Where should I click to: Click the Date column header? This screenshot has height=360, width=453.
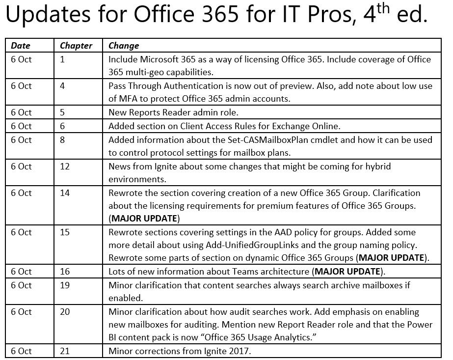coord(21,46)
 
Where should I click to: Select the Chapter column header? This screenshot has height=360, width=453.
coord(76,46)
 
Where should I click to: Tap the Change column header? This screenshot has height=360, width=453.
coord(124,46)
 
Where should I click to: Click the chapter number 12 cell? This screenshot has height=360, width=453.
coord(65,166)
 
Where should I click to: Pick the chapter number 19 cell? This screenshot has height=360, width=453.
coord(65,285)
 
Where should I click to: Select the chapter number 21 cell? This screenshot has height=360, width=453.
coord(65,351)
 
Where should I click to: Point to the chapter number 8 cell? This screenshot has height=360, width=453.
coord(62,139)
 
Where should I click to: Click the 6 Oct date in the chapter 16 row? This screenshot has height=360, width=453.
coord(21,272)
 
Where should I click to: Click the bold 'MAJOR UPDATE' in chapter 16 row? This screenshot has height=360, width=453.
coord(347,272)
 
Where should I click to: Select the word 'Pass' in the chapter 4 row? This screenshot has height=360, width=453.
coord(118,86)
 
